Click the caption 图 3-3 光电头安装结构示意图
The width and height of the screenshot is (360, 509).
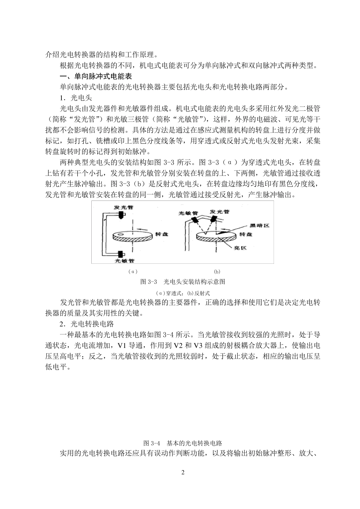[183, 282]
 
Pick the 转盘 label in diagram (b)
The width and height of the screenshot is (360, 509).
[246, 235]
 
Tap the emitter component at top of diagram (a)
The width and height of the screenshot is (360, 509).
[122, 215]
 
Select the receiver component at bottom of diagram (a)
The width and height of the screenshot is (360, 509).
[121, 254]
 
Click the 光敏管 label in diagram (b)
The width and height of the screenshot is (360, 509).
[187, 213]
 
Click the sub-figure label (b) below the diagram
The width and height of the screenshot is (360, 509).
[217, 271]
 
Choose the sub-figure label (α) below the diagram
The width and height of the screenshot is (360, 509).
[132, 271]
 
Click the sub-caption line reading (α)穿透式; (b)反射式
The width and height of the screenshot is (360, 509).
[183, 293]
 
